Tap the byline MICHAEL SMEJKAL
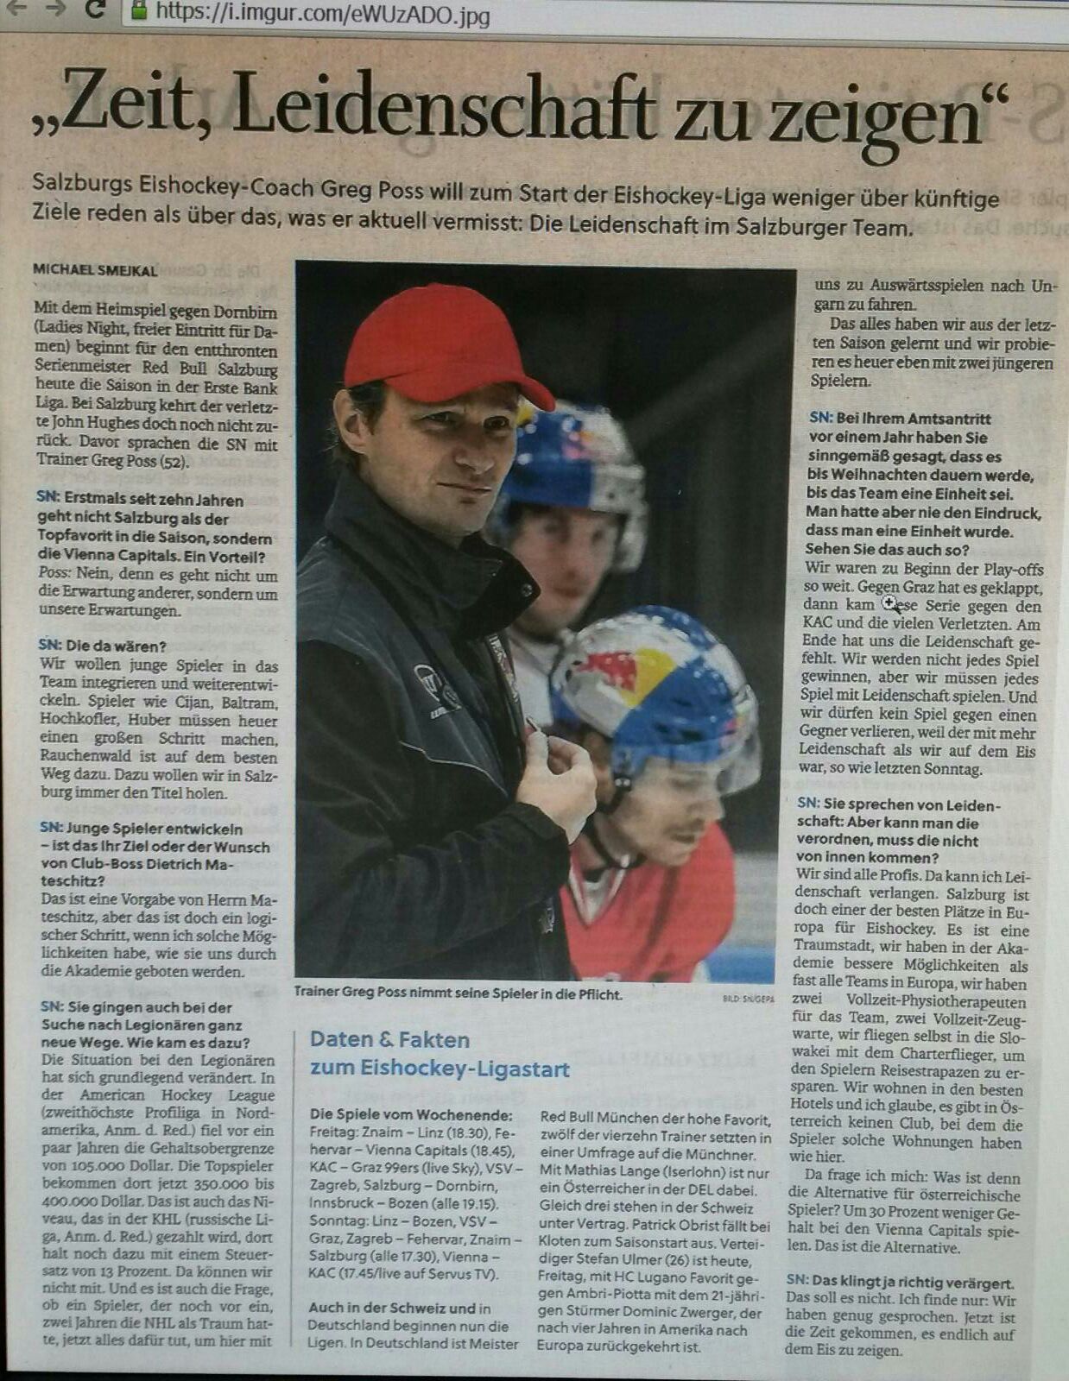95,270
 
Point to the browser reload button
96,10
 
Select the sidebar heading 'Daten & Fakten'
389,1039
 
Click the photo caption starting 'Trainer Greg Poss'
458,994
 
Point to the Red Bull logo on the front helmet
617,671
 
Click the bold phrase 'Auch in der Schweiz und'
392,1308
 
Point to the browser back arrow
16,9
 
